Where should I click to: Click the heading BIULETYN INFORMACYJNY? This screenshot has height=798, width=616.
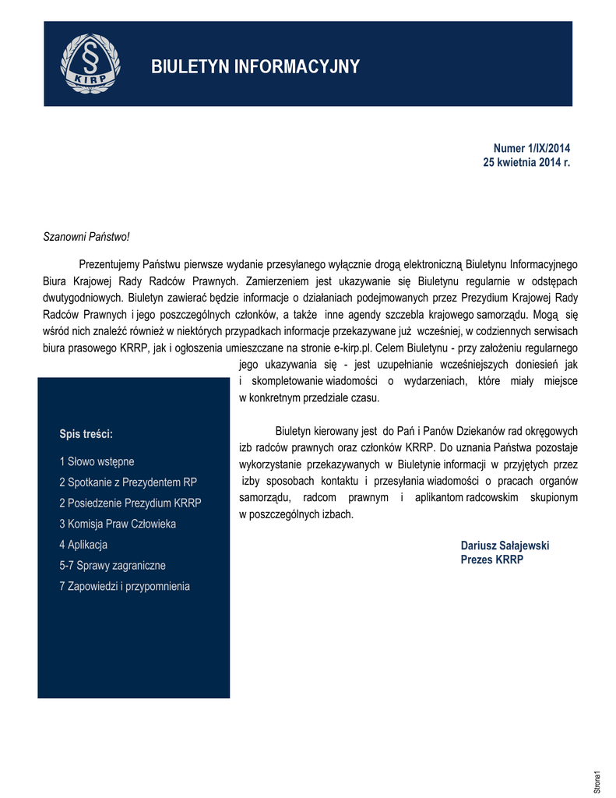coord(255,67)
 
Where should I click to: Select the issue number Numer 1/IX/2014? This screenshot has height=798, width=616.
coord(532,148)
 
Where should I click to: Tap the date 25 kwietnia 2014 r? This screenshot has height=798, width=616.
coord(527,162)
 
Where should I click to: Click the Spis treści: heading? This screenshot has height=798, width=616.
coord(86,433)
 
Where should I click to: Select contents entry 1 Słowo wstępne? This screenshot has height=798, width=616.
coord(97,461)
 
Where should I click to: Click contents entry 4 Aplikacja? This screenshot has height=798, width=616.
coord(83,545)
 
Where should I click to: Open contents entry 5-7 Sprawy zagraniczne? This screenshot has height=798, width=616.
coord(112,566)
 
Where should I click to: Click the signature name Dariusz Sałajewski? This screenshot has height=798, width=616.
coord(505,546)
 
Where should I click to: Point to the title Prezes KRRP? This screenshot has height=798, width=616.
coord(492,560)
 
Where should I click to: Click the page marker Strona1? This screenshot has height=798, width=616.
coord(597,781)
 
